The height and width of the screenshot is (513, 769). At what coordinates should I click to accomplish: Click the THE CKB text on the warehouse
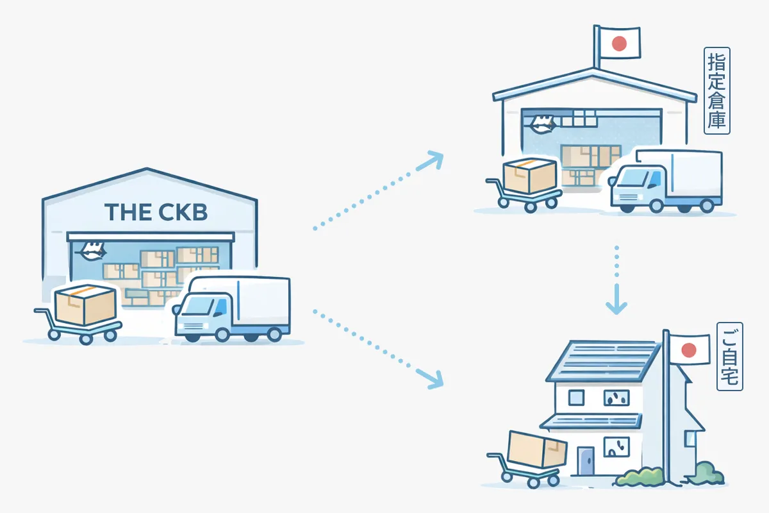click(x=156, y=212)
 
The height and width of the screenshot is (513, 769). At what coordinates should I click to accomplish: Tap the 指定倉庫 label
click(x=716, y=90)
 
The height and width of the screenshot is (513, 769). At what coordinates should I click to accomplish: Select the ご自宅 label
click(x=729, y=365)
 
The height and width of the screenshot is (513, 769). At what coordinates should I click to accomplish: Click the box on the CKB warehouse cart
click(x=85, y=305)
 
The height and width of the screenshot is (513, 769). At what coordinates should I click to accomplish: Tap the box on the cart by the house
click(x=536, y=448)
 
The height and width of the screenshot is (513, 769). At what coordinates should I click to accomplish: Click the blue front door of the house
click(x=585, y=461)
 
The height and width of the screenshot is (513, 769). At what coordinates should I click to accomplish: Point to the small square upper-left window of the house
click(x=576, y=398)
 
